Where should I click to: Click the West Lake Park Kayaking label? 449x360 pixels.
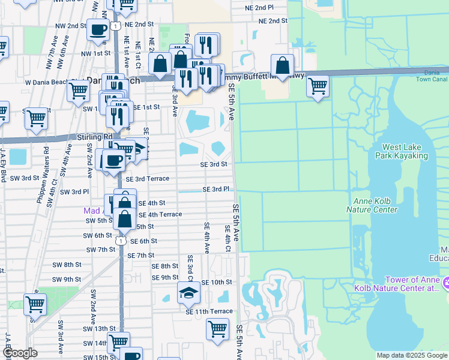coord(405,151)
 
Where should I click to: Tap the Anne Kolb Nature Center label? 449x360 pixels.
coord(372,205)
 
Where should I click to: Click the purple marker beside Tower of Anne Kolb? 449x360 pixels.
coord(445,282)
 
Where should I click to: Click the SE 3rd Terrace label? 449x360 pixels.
coord(148,179)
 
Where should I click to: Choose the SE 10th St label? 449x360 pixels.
coord(216,282)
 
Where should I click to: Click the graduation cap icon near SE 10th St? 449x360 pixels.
coord(188,293)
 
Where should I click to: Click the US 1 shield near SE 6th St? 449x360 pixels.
coord(121,241)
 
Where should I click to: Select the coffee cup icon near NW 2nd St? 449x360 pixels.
coord(98,29)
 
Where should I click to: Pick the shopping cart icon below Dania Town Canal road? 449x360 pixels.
coord(318,86)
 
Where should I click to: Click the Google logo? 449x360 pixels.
coord(20,353)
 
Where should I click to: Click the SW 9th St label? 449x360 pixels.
coord(66,280)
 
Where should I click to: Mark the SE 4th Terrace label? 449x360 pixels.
coord(160,215)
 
